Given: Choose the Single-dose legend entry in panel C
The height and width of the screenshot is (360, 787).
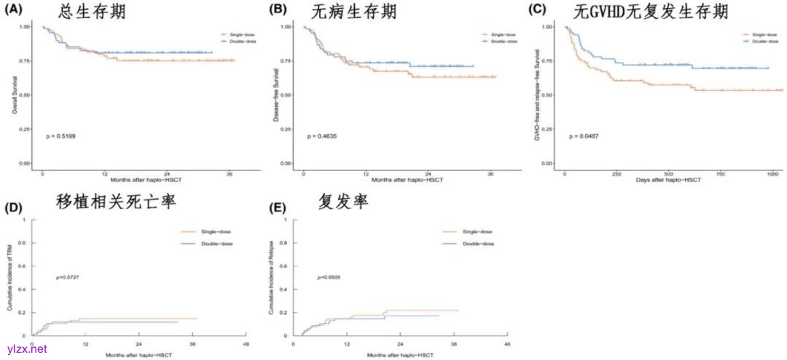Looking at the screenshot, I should [x=757, y=34].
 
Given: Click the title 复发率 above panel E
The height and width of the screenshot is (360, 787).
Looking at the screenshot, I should [x=342, y=203].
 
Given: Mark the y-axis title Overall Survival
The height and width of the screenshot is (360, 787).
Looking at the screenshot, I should [x=14, y=95].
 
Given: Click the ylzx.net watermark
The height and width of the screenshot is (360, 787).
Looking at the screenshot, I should [x=27, y=350].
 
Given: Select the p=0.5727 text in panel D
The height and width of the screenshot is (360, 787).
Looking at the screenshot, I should [x=66, y=278].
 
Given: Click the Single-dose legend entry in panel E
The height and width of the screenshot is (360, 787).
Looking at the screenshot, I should [x=477, y=232].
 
